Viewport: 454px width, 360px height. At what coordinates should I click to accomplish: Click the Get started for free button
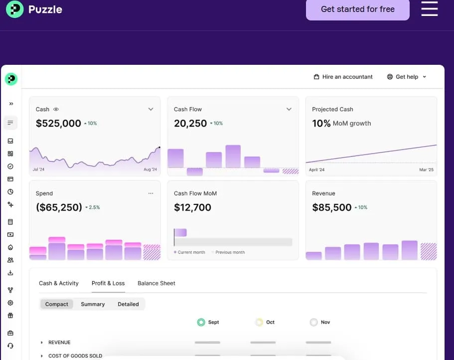(x=357, y=9)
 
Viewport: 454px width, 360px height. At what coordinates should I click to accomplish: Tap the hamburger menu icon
(x=429, y=8)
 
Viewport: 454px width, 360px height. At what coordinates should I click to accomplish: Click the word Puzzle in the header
(x=45, y=9)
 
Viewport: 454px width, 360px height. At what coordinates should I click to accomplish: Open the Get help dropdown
(x=407, y=77)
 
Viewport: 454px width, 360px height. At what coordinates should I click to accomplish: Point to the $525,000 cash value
(x=58, y=123)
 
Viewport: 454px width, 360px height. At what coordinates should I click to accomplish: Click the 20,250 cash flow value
(x=190, y=123)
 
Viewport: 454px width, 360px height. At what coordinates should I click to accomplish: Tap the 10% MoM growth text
(x=341, y=123)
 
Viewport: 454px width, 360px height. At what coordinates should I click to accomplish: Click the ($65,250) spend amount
(x=59, y=207)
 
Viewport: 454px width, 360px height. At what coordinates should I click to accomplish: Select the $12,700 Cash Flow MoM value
(x=192, y=207)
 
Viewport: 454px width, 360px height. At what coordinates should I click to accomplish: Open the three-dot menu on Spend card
(x=151, y=193)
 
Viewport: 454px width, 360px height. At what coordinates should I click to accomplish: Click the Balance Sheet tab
(x=156, y=283)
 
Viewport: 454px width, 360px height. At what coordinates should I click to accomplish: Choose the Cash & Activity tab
(x=59, y=283)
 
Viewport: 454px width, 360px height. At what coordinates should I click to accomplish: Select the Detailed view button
(x=128, y=304)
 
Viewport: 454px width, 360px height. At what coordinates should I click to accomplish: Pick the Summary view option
(x=93, y=304)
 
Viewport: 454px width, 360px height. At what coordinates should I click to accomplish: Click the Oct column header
(x=270, y=322)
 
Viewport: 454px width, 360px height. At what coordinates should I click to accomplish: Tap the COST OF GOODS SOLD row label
(x=75, y=356)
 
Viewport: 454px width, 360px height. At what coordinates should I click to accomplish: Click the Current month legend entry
(x=191, y=252)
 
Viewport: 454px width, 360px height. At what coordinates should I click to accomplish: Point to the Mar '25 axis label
(x=426, y=170)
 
